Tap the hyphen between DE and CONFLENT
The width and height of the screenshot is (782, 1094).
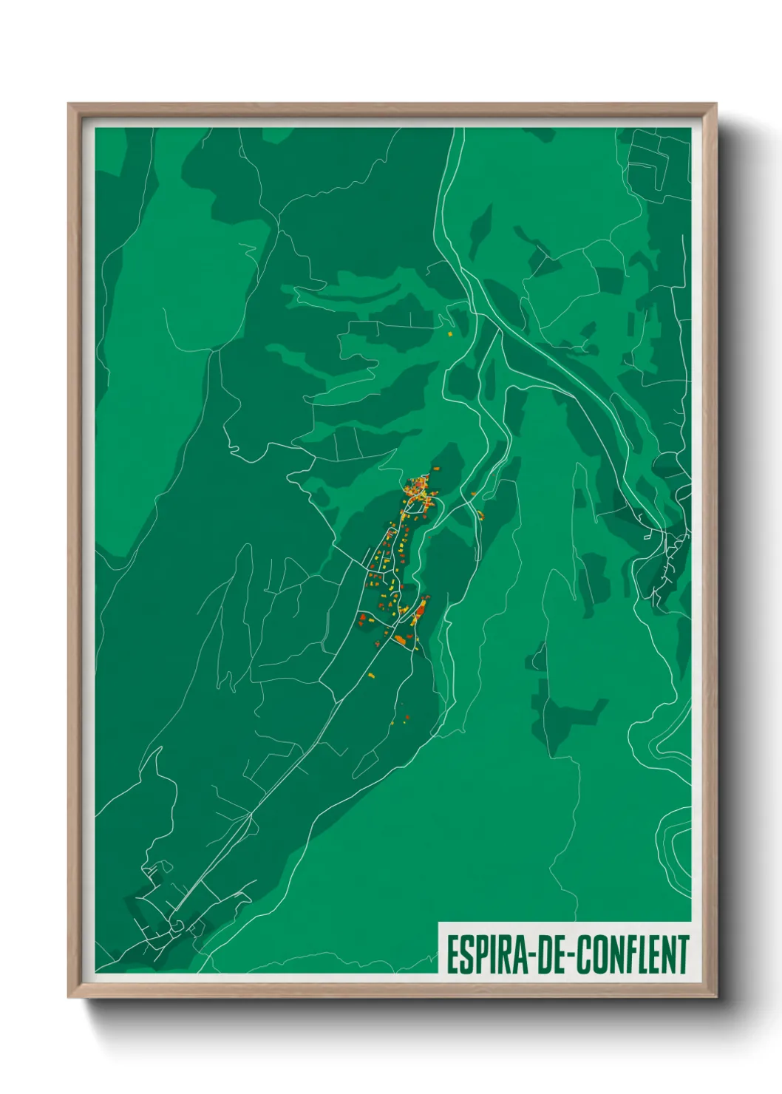coord(570,956)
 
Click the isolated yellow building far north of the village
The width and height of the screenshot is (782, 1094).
coord(449,334)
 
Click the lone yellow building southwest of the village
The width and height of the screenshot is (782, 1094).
coord(371,675)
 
